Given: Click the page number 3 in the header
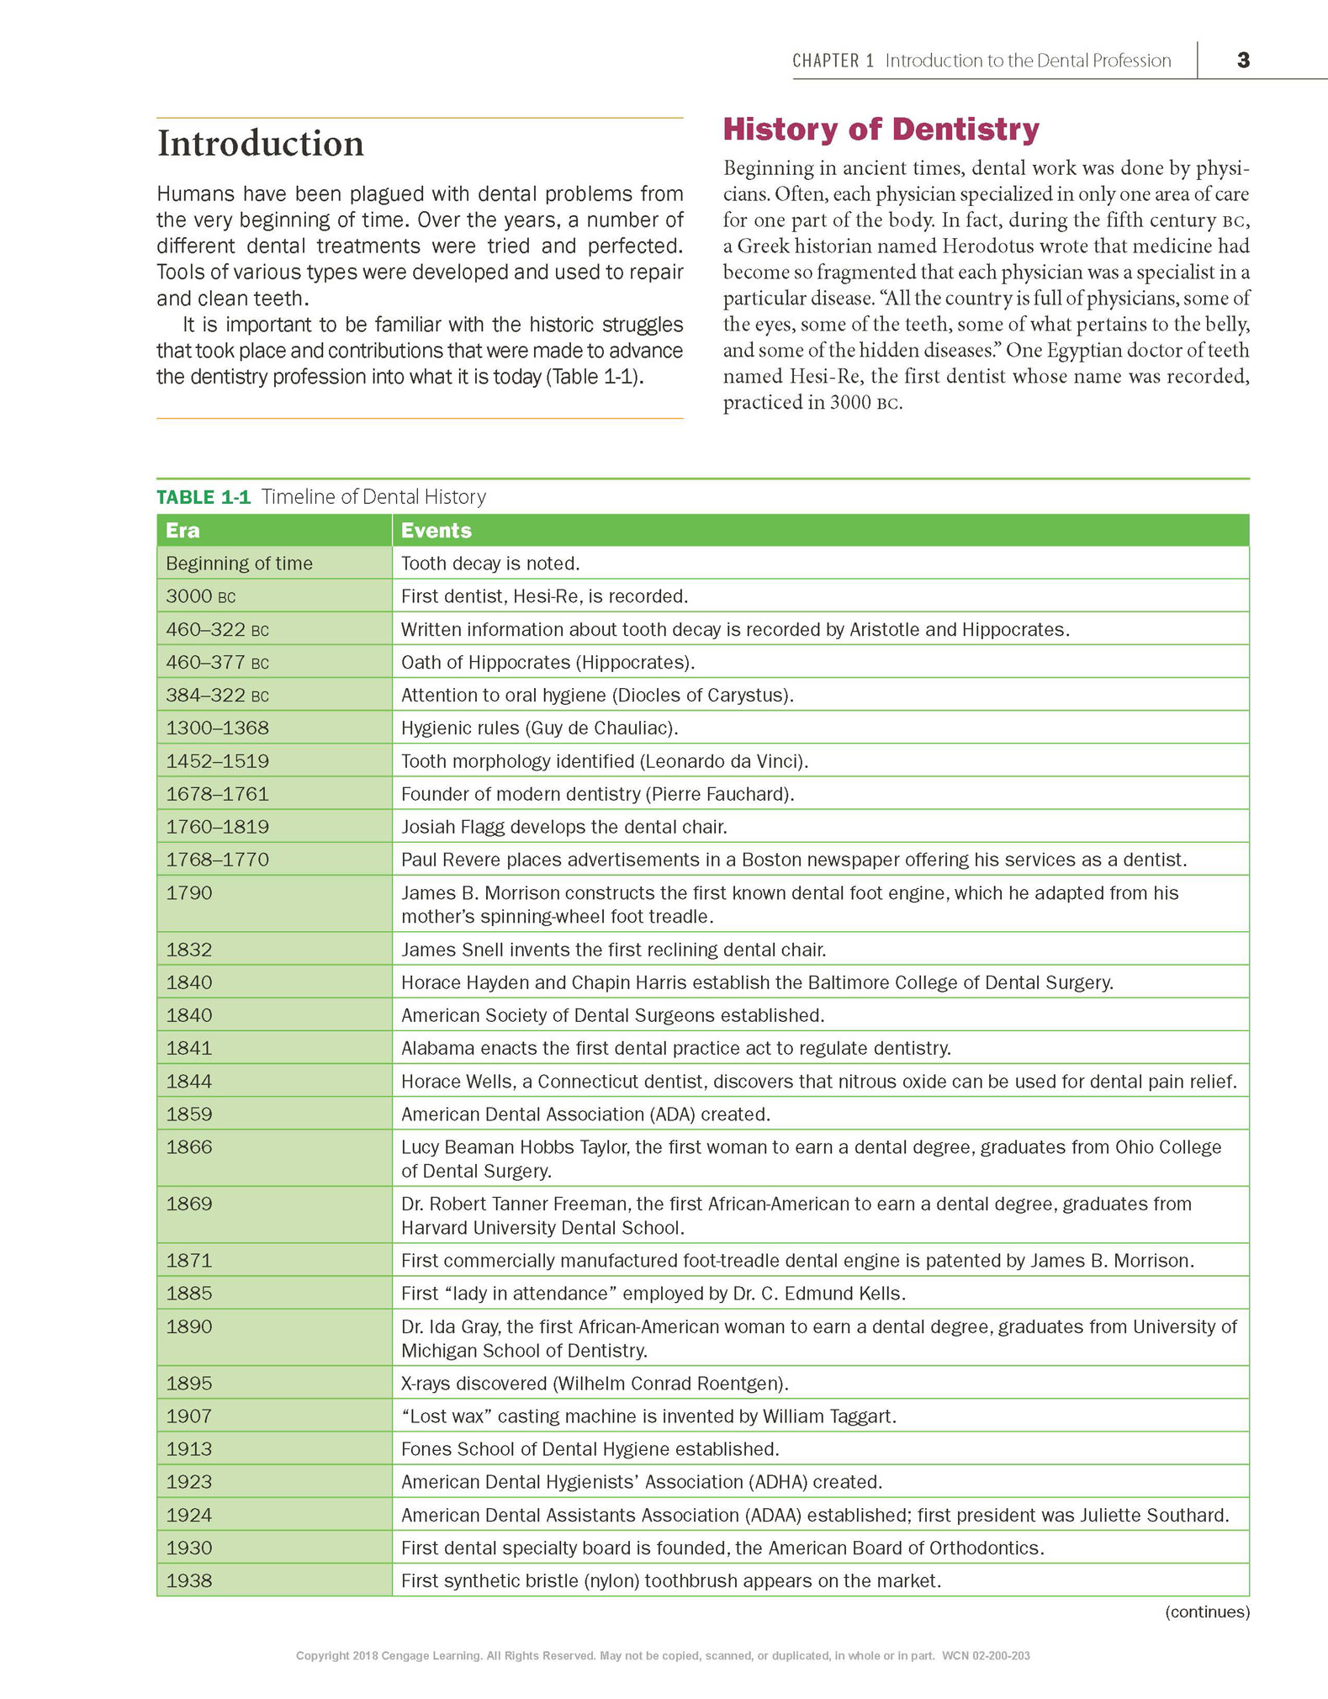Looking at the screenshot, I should tap(1243, 60).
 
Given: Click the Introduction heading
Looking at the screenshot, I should tap(261, 143).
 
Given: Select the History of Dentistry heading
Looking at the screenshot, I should tap(881, 130).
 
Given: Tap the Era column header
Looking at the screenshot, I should tap(183, 531).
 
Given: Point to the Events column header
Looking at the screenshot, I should tap(436, 531).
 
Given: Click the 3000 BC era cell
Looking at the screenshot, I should tap(200, 596).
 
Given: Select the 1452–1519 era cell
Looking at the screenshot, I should tap(217, 761).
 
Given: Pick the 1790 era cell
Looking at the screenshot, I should tap(189, 893).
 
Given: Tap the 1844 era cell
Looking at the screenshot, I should tap(189, 1082).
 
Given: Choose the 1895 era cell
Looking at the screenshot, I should tap(189, 1384).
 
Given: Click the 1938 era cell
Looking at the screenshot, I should tap(189, 1581).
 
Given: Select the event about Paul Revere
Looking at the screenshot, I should tap(793, 860).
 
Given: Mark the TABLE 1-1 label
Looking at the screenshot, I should tap(204, 497).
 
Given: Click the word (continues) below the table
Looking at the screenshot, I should tap(1207, 1612).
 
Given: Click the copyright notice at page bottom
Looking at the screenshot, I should tap(663, 1656).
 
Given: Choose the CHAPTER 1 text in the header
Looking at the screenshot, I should tap(833, 61).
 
